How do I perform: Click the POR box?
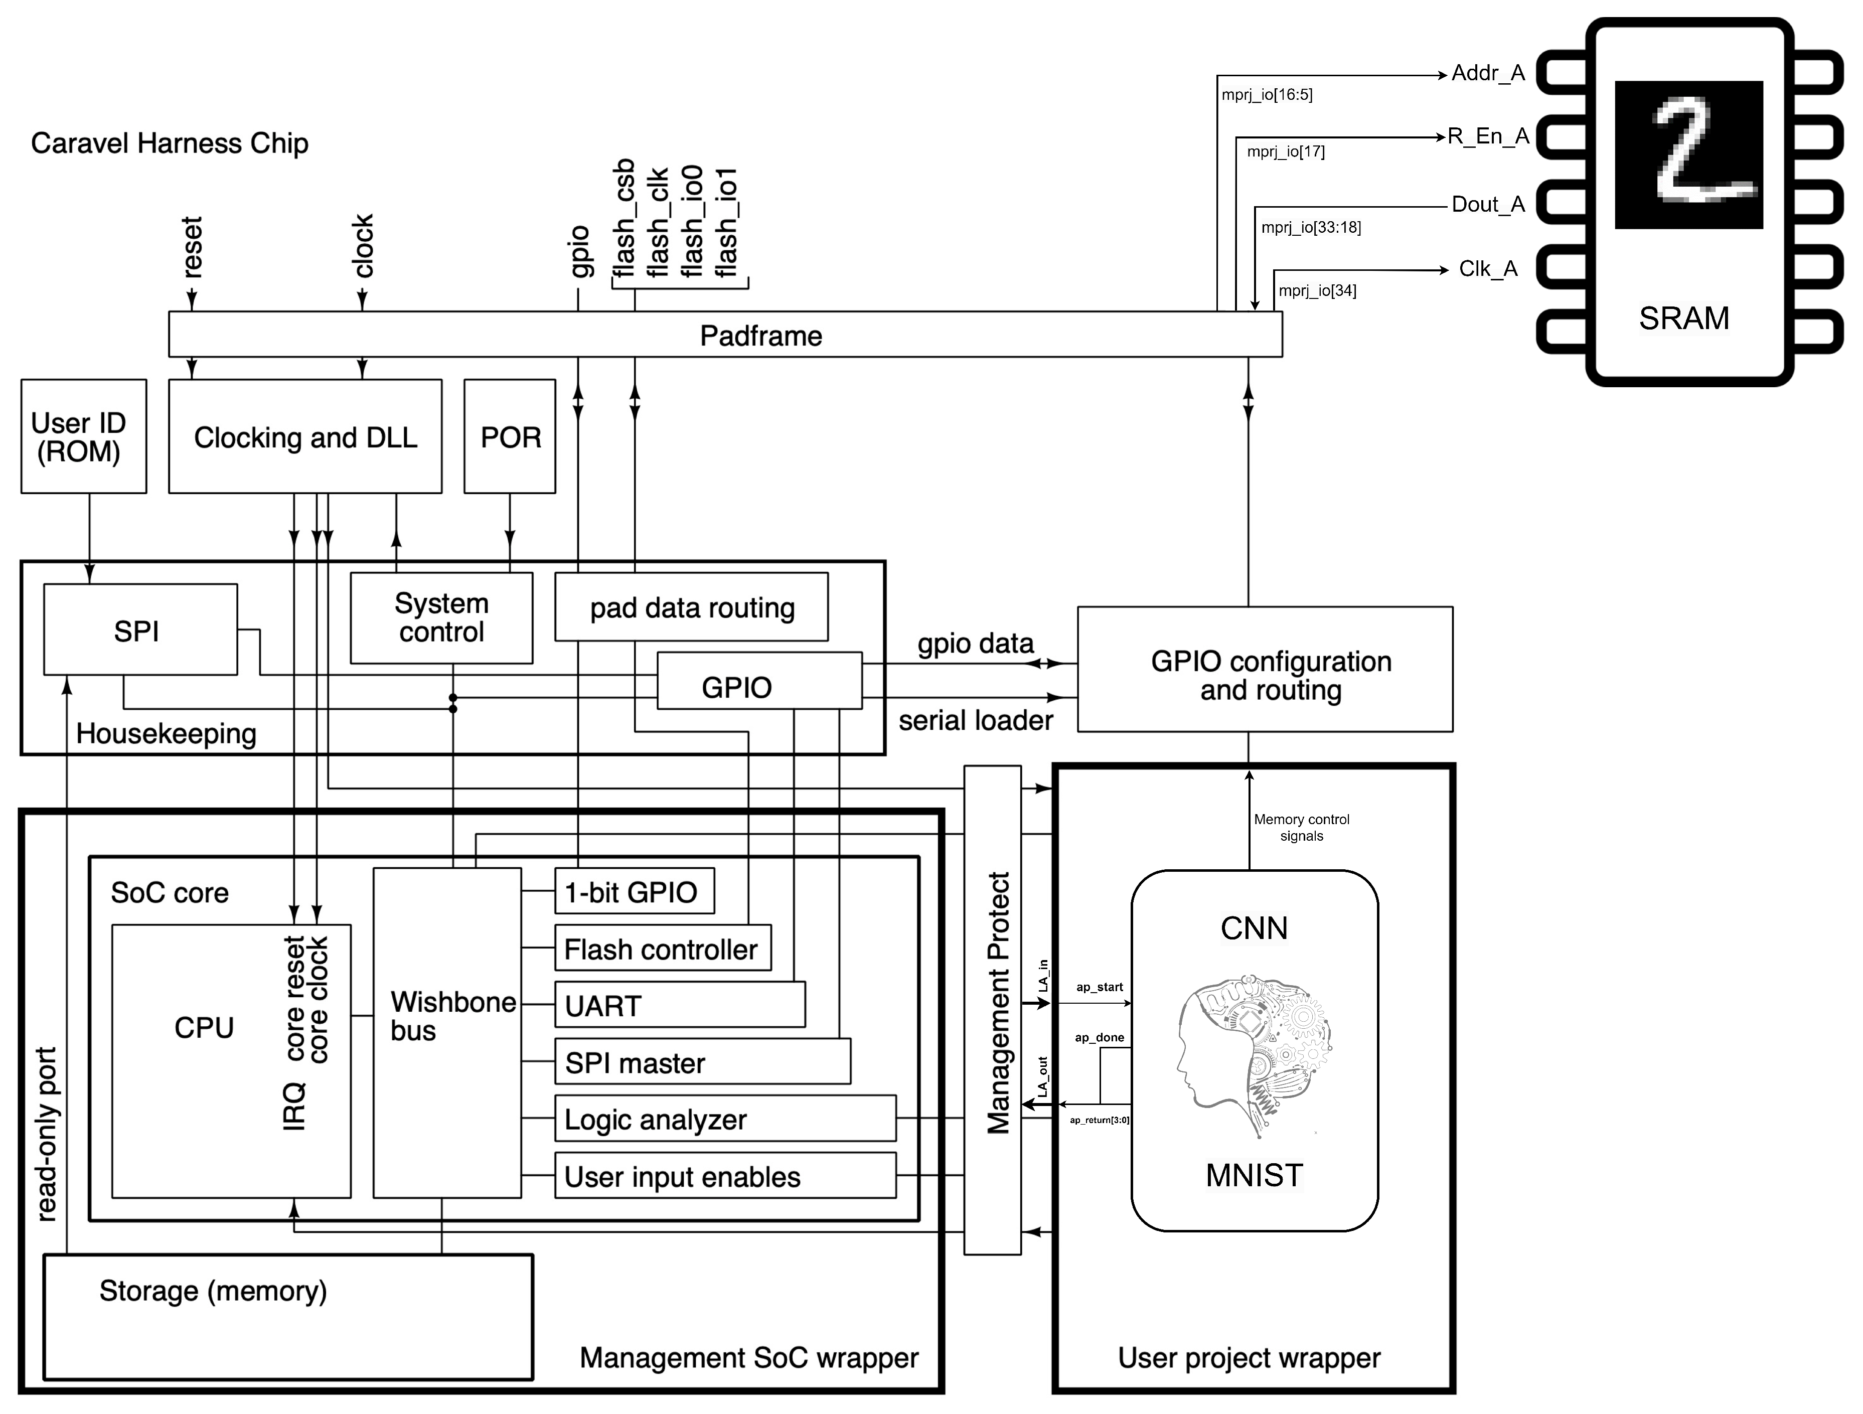[x=510, y=436]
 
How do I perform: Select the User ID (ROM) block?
[x=83, y=436]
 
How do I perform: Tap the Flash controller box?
[x=662, y=949]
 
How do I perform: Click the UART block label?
[x=603, y=1006]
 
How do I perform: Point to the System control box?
[x=441, y=617]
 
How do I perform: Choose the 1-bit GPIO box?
[x=634, y=891]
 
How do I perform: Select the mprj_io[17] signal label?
[x=1285, y=151]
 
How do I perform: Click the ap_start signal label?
[x=1099, y=987]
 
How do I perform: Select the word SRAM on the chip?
[x=1683, y=319]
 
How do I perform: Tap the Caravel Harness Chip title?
[x=169, y=143]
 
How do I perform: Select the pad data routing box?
[x=691, y=607]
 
